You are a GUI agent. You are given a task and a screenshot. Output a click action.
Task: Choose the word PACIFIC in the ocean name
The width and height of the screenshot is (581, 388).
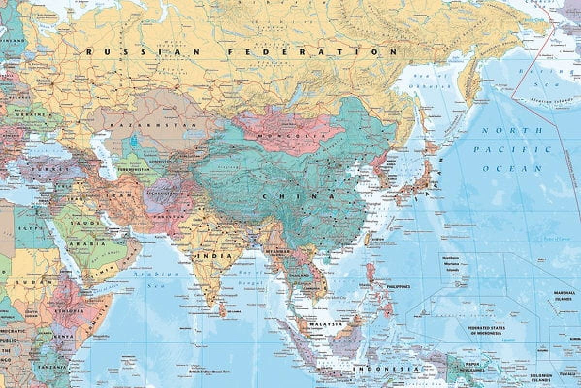(513, 149)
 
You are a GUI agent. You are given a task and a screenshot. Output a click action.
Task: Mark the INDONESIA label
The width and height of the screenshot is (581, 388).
(386, 369)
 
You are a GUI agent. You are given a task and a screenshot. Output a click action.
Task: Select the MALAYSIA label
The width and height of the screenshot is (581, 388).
(325, 324)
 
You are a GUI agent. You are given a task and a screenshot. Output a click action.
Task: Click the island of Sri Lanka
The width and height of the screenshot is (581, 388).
(223, 310)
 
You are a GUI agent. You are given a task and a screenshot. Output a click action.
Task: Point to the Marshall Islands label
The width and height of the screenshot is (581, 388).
(564, 295)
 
